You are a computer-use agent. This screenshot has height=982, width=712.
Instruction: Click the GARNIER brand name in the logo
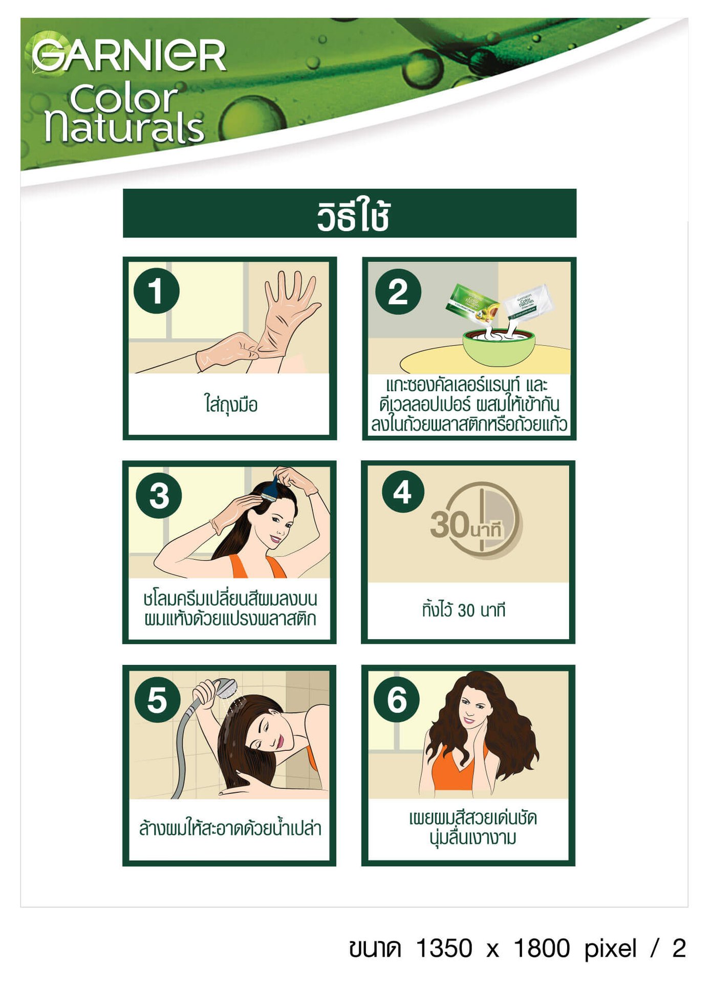[129, 55]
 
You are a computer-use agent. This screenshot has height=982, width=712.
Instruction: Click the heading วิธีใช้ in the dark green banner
[354, 215]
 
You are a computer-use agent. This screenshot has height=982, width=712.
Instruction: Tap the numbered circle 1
[156, 291]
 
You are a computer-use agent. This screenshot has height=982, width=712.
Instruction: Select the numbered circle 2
[398, 292]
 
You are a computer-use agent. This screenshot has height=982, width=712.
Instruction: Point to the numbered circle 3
[159, 496]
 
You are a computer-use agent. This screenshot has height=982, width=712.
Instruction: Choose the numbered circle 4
[403, 492]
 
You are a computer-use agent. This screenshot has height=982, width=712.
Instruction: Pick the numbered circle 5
[157, 700]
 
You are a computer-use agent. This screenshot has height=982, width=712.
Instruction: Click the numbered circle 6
[397, 699]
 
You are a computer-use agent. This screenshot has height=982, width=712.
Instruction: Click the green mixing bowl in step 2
[499, 347]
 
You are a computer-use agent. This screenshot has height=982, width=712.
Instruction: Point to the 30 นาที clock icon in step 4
[477, 521]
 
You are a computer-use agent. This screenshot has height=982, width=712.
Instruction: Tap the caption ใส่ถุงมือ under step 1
[231, 405]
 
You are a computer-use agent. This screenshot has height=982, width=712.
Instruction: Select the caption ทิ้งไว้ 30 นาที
[464, 609]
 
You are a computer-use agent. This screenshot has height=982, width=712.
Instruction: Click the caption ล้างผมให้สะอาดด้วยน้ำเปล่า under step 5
[230, 828]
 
